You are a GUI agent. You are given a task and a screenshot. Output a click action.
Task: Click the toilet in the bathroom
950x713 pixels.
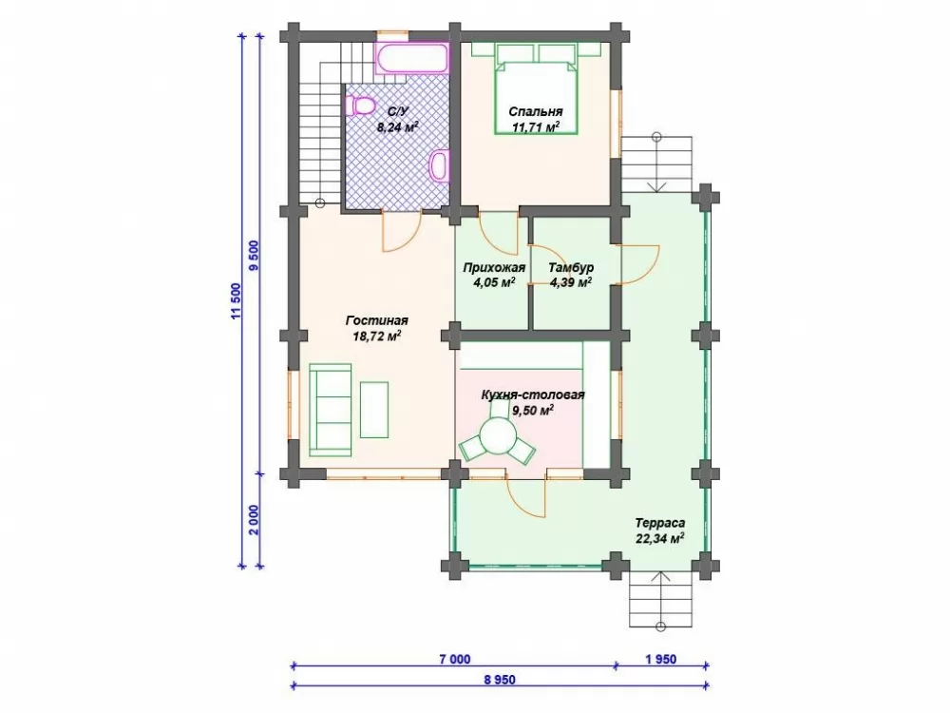coord(359,106)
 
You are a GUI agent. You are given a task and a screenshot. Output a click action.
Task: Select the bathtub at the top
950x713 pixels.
coord(412,58)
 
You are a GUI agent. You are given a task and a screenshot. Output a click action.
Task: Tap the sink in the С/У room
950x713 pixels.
coord(439,164)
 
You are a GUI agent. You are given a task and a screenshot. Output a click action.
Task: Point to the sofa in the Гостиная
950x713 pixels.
coord(331,409)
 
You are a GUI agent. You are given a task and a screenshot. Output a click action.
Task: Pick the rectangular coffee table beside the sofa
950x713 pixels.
coord(374,409)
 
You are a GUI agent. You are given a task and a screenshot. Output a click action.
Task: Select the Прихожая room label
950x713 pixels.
coord(494,267)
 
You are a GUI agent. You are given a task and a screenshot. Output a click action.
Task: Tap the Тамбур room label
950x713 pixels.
coord(571,267)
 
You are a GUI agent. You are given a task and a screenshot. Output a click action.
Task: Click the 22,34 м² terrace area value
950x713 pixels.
coord(660,538)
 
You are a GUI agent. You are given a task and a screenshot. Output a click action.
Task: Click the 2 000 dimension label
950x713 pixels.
coord(254,520)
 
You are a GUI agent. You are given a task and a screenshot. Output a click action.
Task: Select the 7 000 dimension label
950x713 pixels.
coord(454,659)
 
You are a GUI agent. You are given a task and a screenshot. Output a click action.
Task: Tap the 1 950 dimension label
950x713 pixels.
coord(661,659)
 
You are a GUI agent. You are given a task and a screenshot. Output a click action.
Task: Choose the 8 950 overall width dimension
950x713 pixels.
coord(500,680)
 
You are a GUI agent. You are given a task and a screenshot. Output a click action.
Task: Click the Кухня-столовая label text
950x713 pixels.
coord(533,395)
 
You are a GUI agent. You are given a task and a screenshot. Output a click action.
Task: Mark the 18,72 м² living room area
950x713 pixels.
coord(377,336)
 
